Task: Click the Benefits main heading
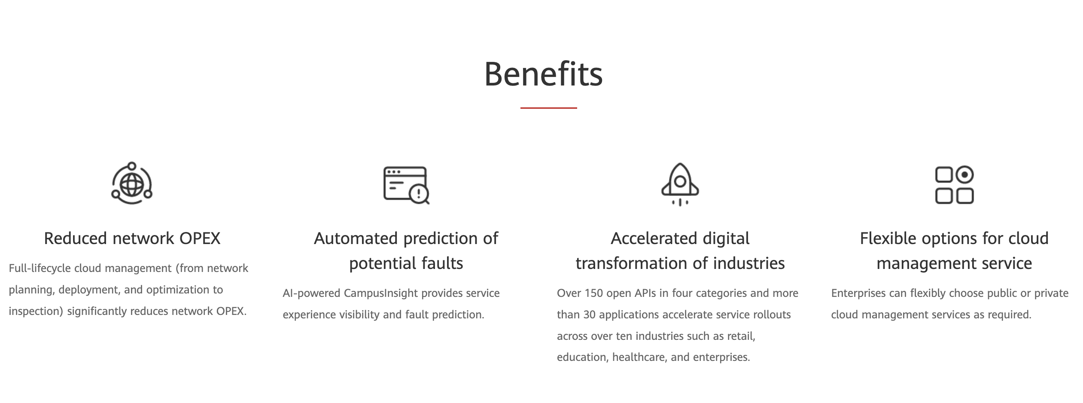tap(543, 74)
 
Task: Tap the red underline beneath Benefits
tap(548, 108)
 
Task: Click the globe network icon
tap(132, 183)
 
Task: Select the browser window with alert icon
tap(406, 185)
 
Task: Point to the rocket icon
tap(680, 184)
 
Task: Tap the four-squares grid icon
tap(954, 185)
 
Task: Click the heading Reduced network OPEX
tap(132, 238)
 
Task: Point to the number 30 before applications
tap(589, 314)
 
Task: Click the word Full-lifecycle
tap(40, 268)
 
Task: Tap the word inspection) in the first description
tap(36, 311)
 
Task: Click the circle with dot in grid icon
tap(964, 175)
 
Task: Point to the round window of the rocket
tap(680, 182)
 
